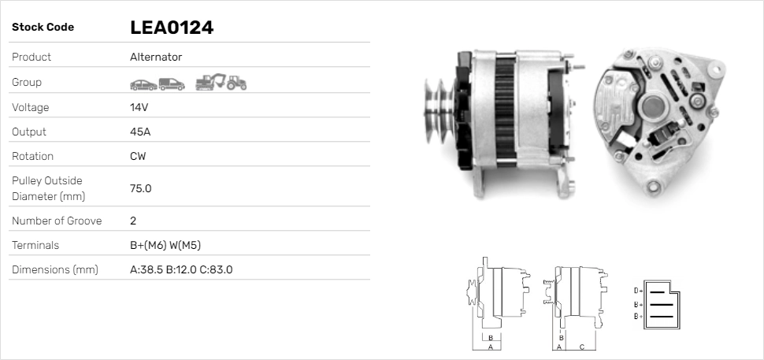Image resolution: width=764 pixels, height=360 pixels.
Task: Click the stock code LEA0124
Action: pos(172,28)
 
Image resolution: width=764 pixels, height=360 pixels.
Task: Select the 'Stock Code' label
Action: pos(43,28)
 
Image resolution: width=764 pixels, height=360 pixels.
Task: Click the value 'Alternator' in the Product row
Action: pos(155,58)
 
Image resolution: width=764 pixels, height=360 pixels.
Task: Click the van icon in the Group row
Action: pos(171,83)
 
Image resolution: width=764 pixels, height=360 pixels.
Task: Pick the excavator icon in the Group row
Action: pos(210,82)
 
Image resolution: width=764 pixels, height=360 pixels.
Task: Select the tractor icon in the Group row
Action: pos(236,83)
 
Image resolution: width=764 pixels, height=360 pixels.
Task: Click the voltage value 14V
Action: pos(139,107)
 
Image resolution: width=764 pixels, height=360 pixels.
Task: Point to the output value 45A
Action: pos(139,132)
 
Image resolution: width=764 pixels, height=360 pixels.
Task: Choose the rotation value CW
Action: pos(138,156)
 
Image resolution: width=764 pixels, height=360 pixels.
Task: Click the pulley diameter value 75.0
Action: pos(140,188)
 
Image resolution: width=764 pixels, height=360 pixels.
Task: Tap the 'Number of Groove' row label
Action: pos(57,221)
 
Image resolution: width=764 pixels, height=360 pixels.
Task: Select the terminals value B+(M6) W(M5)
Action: pos(170,246)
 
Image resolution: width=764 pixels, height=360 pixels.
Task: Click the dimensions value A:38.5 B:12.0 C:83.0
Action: pos(180,270)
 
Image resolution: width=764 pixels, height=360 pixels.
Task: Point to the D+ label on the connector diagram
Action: pos(638,291)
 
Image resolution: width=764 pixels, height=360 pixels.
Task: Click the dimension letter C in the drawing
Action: pos(581,347)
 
